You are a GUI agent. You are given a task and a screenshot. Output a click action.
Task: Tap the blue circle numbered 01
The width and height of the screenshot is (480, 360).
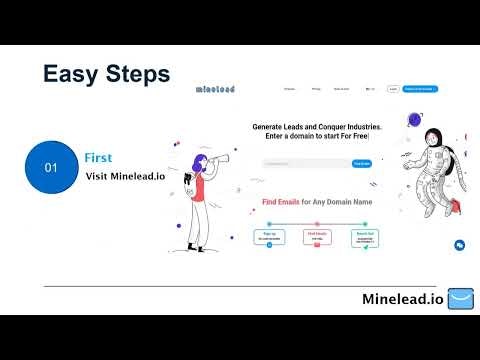51,168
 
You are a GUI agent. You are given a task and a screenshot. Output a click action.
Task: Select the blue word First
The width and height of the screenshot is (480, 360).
99,158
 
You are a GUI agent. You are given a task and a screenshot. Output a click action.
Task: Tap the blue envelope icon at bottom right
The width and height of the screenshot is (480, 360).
459,299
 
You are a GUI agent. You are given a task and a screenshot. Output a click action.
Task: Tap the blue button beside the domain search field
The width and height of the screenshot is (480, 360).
361,163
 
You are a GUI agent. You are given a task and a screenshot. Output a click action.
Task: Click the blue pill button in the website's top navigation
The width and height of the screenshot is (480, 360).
421,88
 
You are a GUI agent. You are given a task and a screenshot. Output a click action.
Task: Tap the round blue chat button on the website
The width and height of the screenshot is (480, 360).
459,244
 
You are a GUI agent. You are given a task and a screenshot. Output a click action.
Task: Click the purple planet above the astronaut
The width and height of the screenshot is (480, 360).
415,120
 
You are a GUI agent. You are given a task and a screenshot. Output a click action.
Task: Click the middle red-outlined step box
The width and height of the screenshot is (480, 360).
318,237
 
